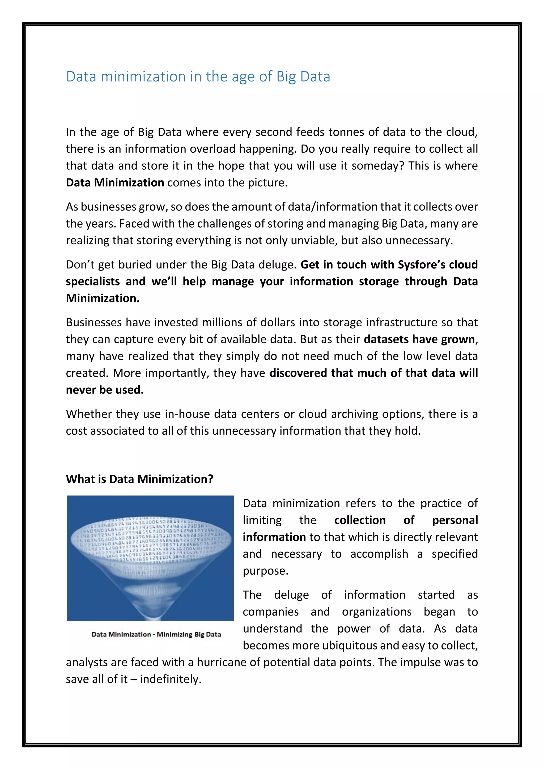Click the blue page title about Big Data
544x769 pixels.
pos(198,77)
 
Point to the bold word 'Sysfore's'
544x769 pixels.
pos(421,264)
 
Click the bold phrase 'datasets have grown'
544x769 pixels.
pos(419,339)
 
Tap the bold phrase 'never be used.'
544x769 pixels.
pos(104,390)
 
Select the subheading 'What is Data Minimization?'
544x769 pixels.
pos(139,479)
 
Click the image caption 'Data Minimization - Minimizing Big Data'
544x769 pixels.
pos(156,634)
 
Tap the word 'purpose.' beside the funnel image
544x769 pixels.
pos(265,571)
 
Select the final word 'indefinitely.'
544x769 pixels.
pos(171,679)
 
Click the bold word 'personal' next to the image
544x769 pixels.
pos(454,520)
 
